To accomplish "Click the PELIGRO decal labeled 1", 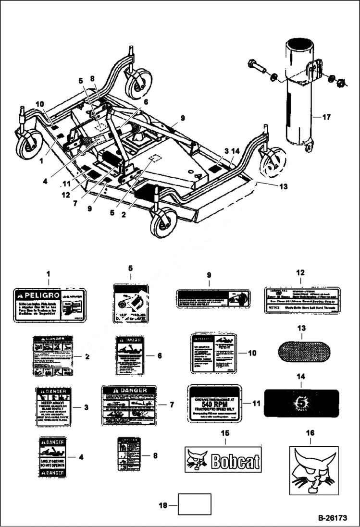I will [49, 302].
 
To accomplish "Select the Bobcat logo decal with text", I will [223, 460].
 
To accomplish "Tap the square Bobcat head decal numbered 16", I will [313, 470].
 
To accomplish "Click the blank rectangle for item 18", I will [195, 504].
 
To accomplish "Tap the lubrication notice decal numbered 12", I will [302, 300].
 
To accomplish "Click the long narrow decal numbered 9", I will [212, 300].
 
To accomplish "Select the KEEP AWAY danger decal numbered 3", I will [53, 406].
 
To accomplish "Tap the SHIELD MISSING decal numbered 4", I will [53, 457].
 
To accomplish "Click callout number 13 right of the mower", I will [284, 186].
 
